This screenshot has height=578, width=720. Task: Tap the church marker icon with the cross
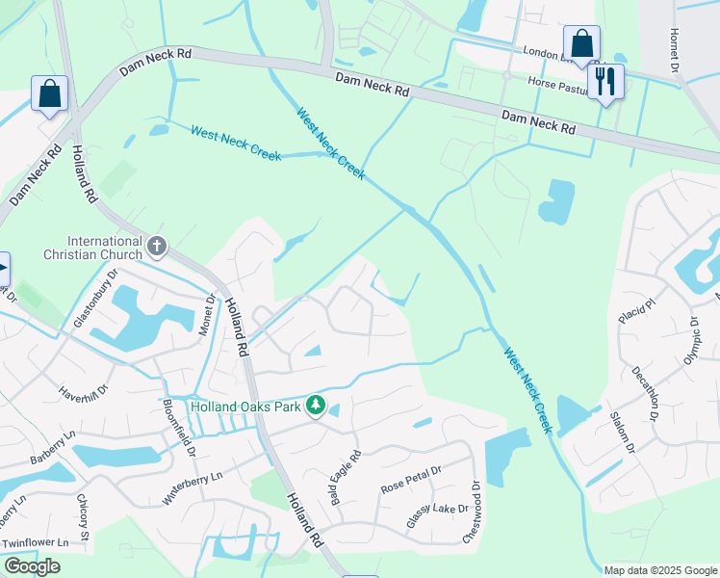pos(157,248)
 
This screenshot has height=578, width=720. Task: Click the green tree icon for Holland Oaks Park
pos(315,407)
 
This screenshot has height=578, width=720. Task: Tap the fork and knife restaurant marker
pos(605,81)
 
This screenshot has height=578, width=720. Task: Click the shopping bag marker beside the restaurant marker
pos(581,44)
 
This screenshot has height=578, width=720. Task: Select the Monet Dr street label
pos(206,312)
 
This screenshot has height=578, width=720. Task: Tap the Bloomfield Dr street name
pos(180,428)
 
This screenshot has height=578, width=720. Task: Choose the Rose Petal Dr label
pos(410,480)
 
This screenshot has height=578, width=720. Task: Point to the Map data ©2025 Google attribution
pos(660,570)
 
